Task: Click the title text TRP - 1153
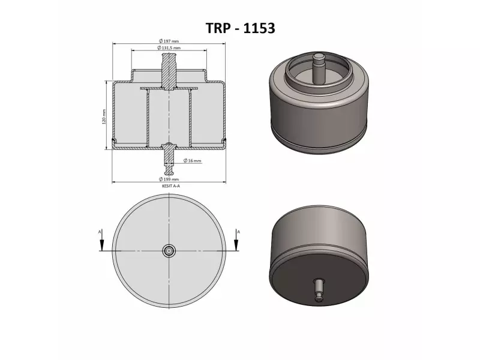[x=240, y=28]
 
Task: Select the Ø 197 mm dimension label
[x=169, y=40]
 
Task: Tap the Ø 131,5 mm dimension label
[x=169, y=47]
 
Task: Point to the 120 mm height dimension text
[x=104, y=116]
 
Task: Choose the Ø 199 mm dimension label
[x=170, y=179]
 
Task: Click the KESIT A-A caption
[x=170, y=187]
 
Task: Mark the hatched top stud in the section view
[x=169, y=71]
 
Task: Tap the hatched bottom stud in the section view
[x=170, y=154]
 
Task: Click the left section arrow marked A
[x=102, y=242]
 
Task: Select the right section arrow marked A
[x=237, y=242]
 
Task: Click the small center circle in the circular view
[x=170, y=251]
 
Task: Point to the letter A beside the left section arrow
[x=100, y=230]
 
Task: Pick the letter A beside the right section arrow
[x=239, y=230]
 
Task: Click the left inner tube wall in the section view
[x=148, y=117]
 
